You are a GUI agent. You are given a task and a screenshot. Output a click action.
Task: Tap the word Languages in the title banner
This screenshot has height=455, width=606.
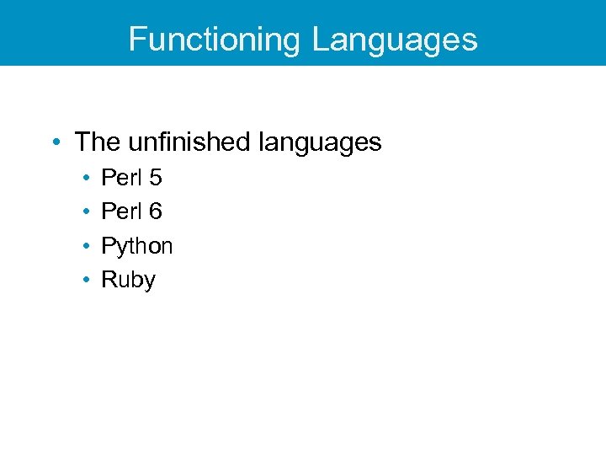click(x=395, y=40)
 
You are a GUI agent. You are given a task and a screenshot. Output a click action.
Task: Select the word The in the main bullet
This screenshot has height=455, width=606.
click(x=93, y=142)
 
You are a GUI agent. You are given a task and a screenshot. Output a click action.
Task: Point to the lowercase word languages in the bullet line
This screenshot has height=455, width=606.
click(x=320, y=143)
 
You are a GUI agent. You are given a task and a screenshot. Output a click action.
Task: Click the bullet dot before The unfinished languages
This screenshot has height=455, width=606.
click(x=56, y=142)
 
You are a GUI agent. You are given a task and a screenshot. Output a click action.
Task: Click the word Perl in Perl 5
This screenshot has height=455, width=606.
click(x=120, y=178)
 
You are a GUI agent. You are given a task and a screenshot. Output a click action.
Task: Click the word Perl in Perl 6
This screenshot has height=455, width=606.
click(x=120, y=211)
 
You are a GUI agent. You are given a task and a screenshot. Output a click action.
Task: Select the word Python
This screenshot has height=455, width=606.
click(x=136, y=247)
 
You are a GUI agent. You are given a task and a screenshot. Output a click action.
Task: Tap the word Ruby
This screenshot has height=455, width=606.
click(x=128, y=281)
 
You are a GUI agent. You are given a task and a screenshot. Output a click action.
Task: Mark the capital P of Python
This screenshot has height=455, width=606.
click(x=108, y=245)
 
